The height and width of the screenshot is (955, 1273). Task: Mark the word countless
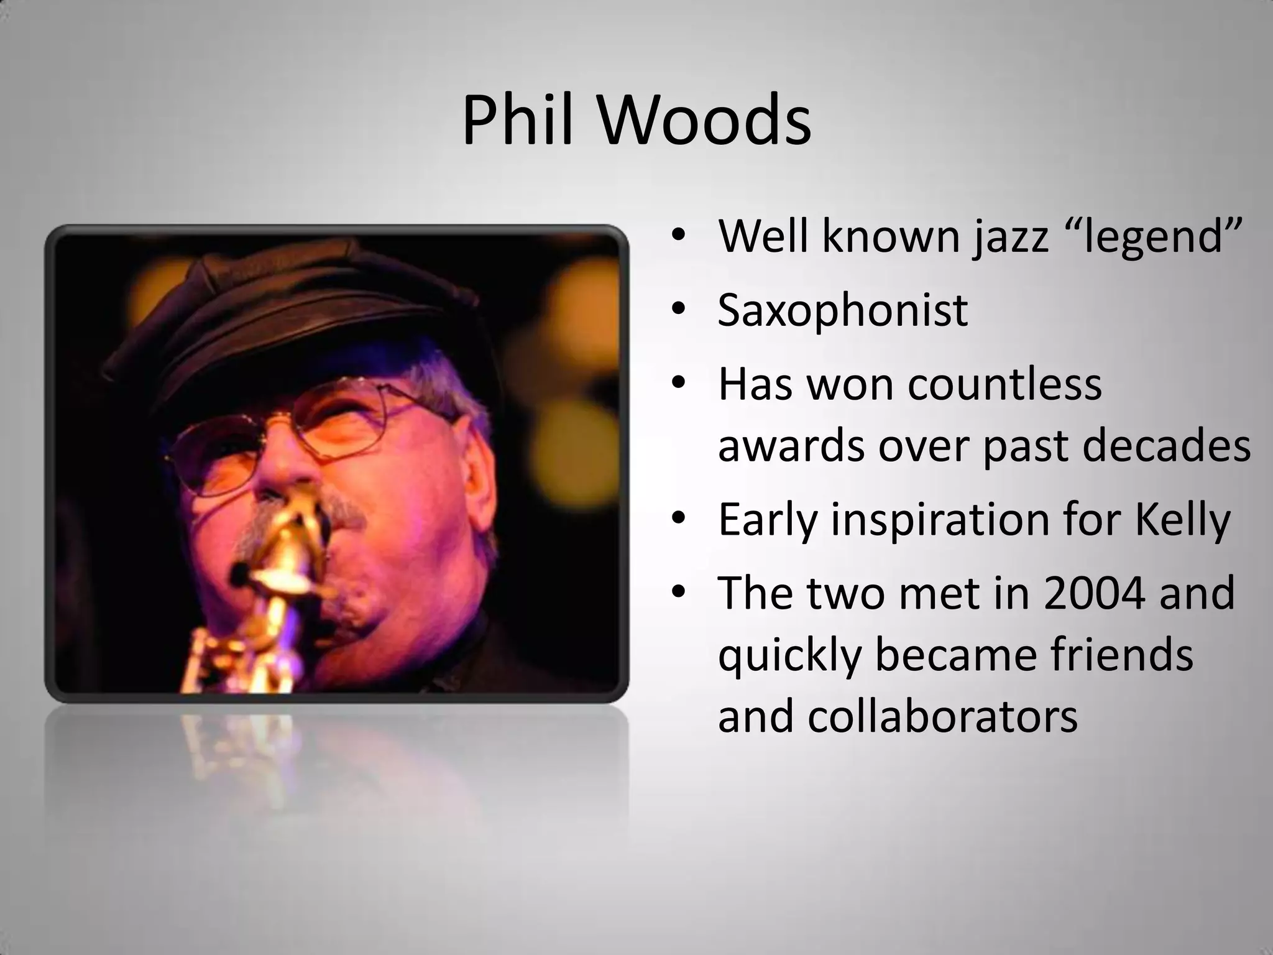point(1004,384)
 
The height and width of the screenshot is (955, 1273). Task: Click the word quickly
point(789,655)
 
